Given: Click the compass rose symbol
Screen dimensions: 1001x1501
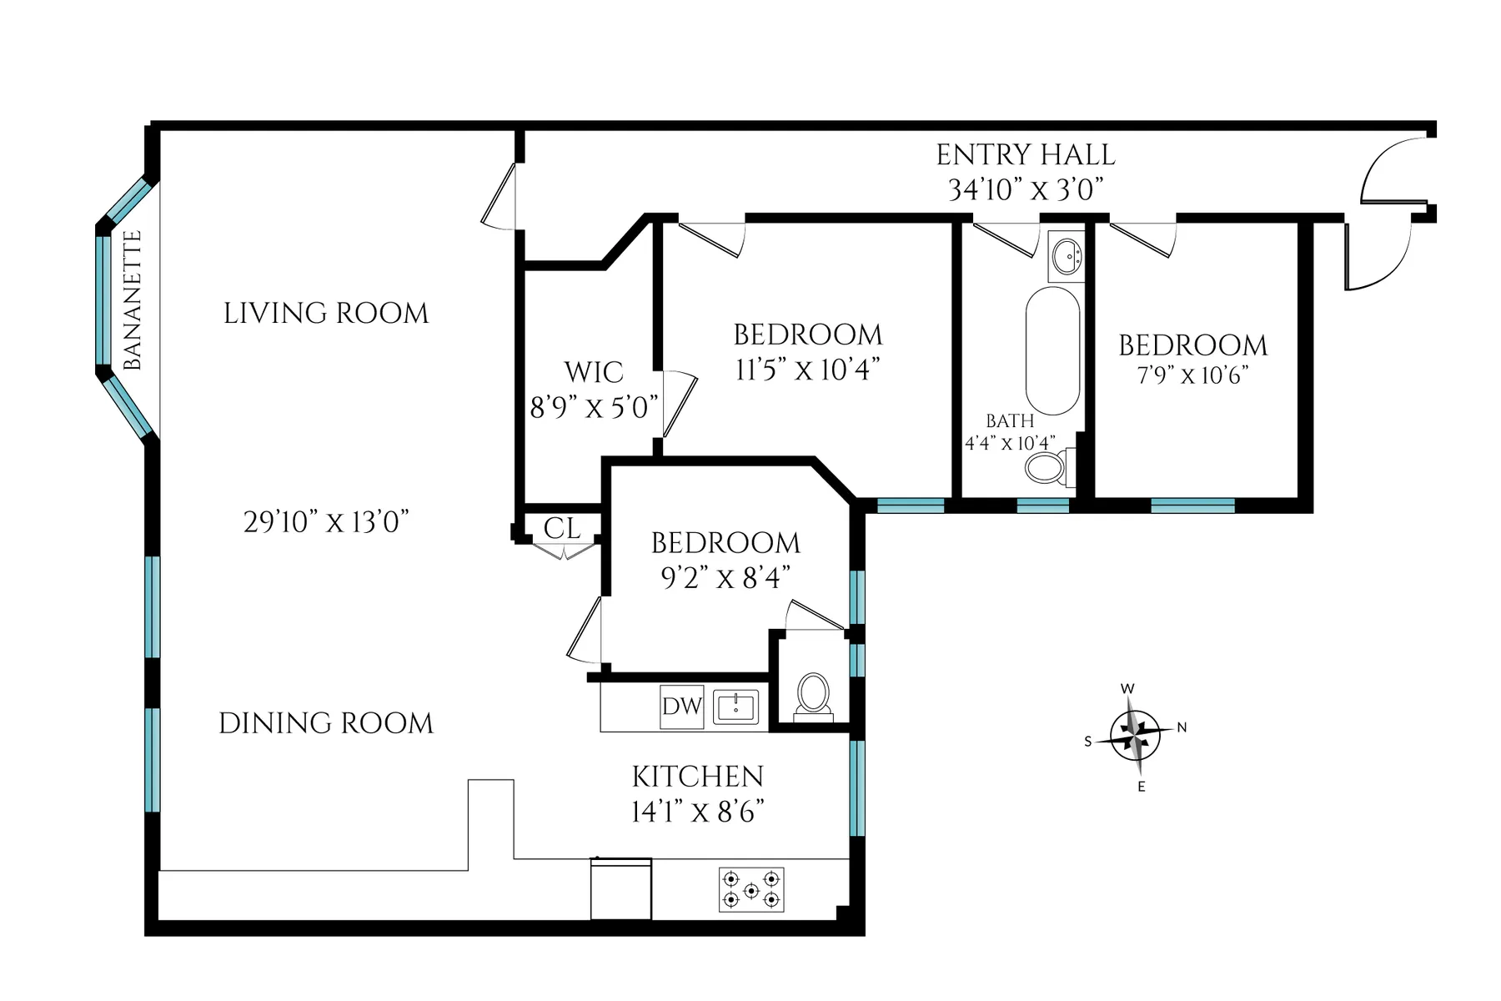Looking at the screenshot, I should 1135,736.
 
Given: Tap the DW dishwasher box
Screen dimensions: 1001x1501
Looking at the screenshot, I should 681,707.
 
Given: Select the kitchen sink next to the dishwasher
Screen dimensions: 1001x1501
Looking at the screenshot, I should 735,707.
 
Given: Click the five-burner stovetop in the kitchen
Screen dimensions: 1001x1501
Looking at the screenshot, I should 750,889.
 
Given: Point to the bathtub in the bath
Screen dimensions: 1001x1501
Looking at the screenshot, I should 1052,350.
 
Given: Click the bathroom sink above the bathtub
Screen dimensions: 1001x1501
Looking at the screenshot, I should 1067,256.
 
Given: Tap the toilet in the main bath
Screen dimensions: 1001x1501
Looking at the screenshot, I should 1047,467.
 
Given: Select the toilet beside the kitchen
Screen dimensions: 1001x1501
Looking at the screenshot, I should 813,695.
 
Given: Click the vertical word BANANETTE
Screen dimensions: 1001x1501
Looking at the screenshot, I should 133,301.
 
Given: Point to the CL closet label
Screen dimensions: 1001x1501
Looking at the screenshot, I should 562,528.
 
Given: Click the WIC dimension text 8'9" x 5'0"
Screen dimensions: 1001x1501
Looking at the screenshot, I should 594,407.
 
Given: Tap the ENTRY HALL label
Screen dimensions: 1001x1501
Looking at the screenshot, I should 1025,155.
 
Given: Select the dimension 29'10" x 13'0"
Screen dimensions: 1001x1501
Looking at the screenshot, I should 326,522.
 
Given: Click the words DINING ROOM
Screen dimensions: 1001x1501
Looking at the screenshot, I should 326,723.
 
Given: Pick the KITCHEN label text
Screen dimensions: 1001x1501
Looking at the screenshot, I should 697,777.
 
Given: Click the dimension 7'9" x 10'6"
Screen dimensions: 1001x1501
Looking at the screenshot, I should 1192,375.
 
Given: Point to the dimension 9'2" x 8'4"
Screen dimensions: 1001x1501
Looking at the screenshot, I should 725,577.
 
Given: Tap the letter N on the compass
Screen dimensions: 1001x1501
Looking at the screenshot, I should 1182,727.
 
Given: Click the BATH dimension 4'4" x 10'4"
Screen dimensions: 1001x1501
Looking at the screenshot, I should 1010,443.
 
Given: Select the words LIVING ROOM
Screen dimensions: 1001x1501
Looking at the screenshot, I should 326,314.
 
